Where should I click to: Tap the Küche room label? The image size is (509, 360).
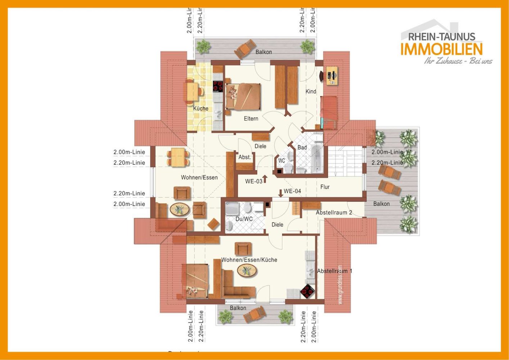pyautogui.click(x=201, y=108)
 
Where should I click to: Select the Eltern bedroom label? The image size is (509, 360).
pyautogui.click(x=251, y=118)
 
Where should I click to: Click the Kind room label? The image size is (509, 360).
pyautogui.click(x=311, y=91)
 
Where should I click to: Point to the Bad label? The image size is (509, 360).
pyautogui.click(x=302, y=147)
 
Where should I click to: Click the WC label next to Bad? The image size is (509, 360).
pyautogui.click(x=281, y=161)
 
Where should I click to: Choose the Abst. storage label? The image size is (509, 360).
pyautogui.click(x=244, y=157)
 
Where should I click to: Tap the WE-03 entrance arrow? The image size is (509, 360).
pyautogui.click(x=265, y=179)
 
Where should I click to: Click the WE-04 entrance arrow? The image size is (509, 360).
pyautogui.click(x=280, y=193)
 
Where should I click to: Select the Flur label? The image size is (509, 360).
pyautogui.click(x=325, y=187)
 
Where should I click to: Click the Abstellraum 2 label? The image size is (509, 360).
pyautogui.click(x=334, y=212)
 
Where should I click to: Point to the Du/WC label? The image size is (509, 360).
pyautogui.click(x=244, y=219)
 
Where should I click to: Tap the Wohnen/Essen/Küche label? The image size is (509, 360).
pyautogui.click(x=249, y=260)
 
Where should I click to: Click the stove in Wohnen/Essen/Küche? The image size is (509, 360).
pyautogui.click(x=307, y=291)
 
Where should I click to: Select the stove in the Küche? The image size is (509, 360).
pyautogui.click(x=218, y=86)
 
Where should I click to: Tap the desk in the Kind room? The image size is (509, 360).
pyautogui.click(x=332, y=76)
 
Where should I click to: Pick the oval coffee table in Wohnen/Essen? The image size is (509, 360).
pyautogui.click(x=179, y=209)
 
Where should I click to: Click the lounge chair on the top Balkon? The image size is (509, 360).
pyautogui.click(x=245, y=49)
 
